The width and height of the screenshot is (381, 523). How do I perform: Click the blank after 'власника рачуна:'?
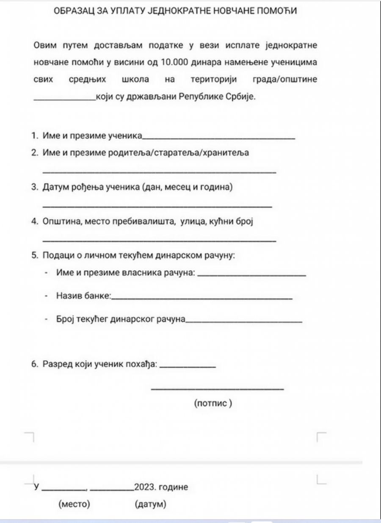pos(251,276)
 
